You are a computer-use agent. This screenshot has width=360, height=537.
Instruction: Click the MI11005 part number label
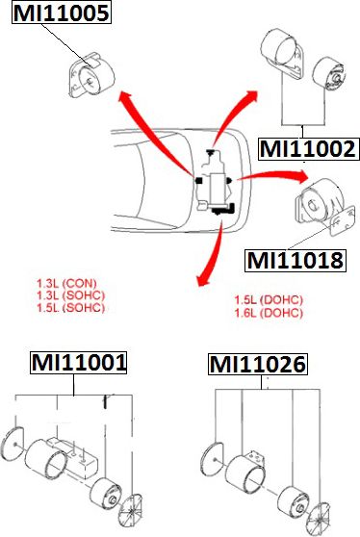[x=62, y=13]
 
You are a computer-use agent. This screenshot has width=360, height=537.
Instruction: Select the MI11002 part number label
[x=308, y=149]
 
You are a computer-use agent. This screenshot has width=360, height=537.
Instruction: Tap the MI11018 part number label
[x=295, y=260]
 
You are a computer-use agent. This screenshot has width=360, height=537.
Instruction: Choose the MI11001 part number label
[x=79, y=363]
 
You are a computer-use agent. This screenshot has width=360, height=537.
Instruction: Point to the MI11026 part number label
[x=258, y=365]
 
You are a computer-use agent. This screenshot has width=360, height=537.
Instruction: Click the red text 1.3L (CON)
[x=66, y=284]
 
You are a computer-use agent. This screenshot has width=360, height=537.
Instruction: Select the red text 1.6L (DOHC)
[x=269, y=313]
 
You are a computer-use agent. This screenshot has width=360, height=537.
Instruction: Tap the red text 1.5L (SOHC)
[x=71, y=307]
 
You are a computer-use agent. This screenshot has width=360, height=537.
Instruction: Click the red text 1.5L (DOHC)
[x=269, y=300]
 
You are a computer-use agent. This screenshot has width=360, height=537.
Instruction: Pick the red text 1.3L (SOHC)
[x=71, y=294]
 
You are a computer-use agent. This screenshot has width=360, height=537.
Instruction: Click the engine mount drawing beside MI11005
[x=90, y=76]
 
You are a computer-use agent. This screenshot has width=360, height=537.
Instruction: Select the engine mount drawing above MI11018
[x=323, y=206]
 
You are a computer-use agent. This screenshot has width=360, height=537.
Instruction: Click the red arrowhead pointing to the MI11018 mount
[x=300, y=177]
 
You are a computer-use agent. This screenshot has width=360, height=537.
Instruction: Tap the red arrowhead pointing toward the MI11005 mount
[x=126, y=99]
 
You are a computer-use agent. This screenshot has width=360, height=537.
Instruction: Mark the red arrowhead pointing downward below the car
[x=203, y=279]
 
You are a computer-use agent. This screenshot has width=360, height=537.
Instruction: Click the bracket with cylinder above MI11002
[x=282, y=54]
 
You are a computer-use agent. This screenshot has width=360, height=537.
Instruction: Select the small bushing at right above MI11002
[x=328, y=74]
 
